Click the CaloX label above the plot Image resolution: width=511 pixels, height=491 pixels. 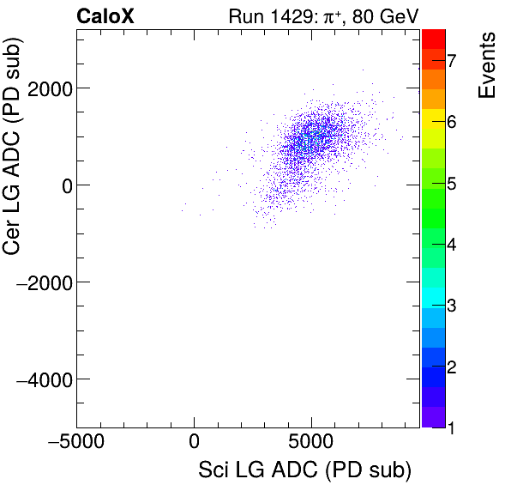[105, 15]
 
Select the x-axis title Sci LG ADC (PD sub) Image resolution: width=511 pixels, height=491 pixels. [304, 470]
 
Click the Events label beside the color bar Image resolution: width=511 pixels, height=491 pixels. [486, 66]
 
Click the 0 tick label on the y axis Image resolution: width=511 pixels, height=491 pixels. [63, 185]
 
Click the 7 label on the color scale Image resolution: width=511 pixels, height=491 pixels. [450, 60]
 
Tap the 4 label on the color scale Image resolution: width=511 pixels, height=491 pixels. [450, 245]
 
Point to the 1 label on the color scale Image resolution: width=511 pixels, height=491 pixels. [450, 426]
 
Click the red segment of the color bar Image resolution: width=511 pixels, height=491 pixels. [433, 38]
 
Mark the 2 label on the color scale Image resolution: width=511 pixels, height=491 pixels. [450, 367]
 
